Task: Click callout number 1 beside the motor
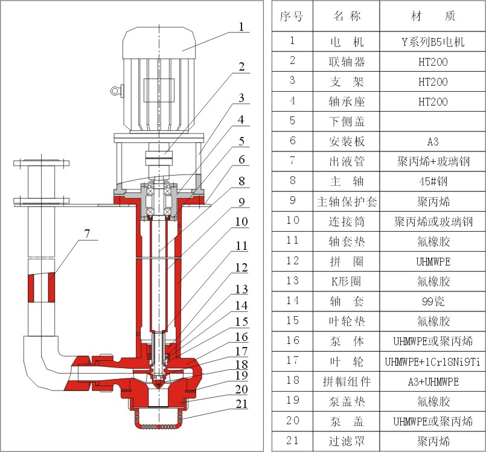point(241,27)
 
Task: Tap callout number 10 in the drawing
point(241,221)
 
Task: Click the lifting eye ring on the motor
point(115,91)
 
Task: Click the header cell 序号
point(292,16)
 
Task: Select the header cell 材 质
point(433,16)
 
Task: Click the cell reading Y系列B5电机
point(433,42)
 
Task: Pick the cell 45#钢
point(433,180)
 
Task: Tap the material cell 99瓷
point(433,301)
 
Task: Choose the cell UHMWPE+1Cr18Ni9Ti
point(433,361)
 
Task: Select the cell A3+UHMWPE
point(433,381)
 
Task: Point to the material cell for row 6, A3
point(433,141)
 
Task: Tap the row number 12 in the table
point(292,261)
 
